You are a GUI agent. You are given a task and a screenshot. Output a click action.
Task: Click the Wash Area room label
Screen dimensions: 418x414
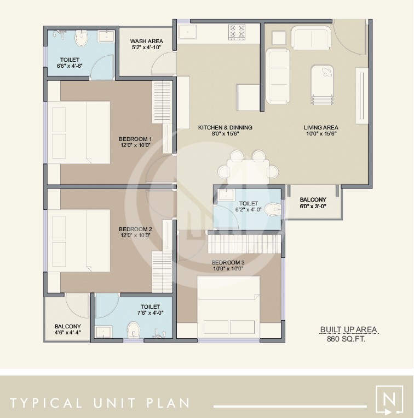click(x=145, y=41)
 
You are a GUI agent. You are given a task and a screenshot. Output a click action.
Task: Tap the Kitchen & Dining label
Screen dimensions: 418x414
click(x=225, y=127)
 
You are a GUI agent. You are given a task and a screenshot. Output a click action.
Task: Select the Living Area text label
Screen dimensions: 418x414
click(x=320, y=127)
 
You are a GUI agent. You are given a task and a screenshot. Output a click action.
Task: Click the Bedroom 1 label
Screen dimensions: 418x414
click(x=135, y=139)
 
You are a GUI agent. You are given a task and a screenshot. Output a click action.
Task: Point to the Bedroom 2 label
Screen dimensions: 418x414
click(x=135, y=229)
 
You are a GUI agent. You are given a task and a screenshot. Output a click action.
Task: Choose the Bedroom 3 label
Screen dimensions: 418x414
click(x=228, y=262)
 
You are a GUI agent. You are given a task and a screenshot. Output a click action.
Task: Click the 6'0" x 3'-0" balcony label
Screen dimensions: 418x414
click(x=313, y=199)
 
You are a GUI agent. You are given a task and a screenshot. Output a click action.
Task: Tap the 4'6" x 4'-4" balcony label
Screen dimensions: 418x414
click(x=67, y=326)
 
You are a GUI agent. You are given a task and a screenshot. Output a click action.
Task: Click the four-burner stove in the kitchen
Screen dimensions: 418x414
click(x=237, y=32)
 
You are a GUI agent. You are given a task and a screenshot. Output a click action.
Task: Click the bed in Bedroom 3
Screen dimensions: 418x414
click(x=229, y=307)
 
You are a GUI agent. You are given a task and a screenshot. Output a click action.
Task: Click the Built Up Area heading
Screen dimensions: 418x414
click(x=348, y=329)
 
